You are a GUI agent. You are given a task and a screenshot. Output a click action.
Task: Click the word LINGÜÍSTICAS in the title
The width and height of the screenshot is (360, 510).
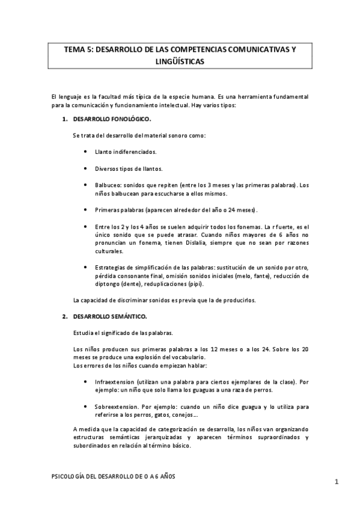coord(179,61)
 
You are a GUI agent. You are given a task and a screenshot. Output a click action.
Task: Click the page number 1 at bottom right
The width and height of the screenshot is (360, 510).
coord(337,482)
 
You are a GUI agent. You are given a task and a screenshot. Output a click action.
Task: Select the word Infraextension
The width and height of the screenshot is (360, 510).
coord(115,382)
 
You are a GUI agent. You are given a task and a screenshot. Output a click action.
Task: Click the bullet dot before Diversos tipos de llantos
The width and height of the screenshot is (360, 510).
coord(86,168)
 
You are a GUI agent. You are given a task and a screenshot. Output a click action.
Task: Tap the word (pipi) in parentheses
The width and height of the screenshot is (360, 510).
coord(195,283)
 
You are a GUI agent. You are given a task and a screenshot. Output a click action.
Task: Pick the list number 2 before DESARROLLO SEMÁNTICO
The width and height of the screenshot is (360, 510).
coord(64,316)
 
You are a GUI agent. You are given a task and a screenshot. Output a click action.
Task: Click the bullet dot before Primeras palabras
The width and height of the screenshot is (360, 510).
coord(86,210)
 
